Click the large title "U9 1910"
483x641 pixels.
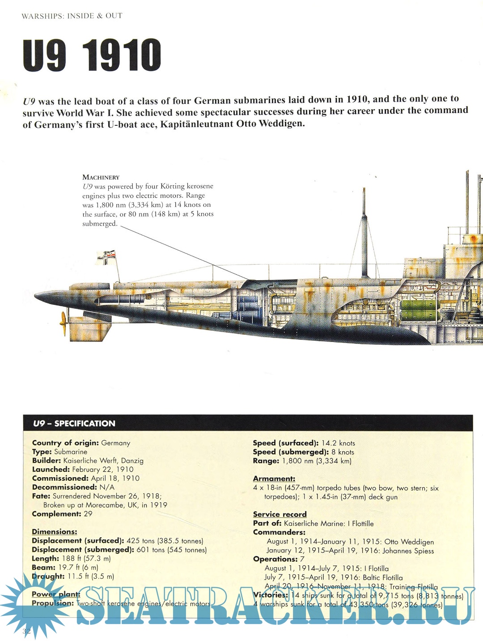(x=92, y=55)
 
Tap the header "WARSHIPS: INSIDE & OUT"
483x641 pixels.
(x=72, y=16)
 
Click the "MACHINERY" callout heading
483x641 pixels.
(x=101, y=177)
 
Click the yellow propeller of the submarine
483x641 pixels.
(x=64, y=323)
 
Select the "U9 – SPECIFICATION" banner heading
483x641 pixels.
(x=74, y=423)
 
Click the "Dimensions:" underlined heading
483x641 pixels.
(x=54, y=532)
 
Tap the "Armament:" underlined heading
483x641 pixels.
(x=274, y=479)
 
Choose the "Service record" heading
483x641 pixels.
(x=280, y=514)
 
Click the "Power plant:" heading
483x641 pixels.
(x=56, y=594)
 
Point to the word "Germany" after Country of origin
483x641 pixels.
(x=116, y=443)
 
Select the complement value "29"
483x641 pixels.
(x=88, y=514)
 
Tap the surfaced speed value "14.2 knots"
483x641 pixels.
(x=338, y=443)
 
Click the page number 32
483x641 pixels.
(x=27, y=632)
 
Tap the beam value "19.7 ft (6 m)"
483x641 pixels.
(x=78, y=568)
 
